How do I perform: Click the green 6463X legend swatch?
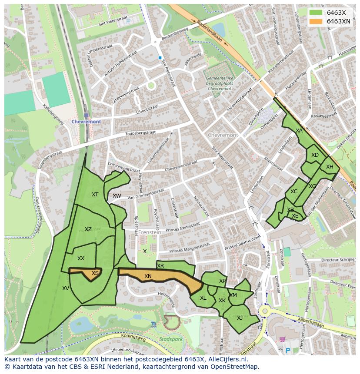tap(316, 13)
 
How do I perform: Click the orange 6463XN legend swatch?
tap(316, 21)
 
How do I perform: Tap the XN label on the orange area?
tap(148, 276)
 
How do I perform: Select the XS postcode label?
tap(95, 273)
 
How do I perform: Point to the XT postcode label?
tap(95, 195)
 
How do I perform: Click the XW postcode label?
tap(117, 196)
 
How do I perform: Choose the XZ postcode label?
tap(88, 229)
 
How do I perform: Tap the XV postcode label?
tap(66, 288)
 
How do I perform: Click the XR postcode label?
tap(160, 266)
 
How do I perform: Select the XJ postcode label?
tap(240, 318)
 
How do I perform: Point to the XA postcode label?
tap(299, 130)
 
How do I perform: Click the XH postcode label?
tap(330, 167)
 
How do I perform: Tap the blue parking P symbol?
tap(287, 350)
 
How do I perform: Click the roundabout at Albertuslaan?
tap(264, 311)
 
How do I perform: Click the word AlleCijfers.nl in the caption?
tap(226, 360)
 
